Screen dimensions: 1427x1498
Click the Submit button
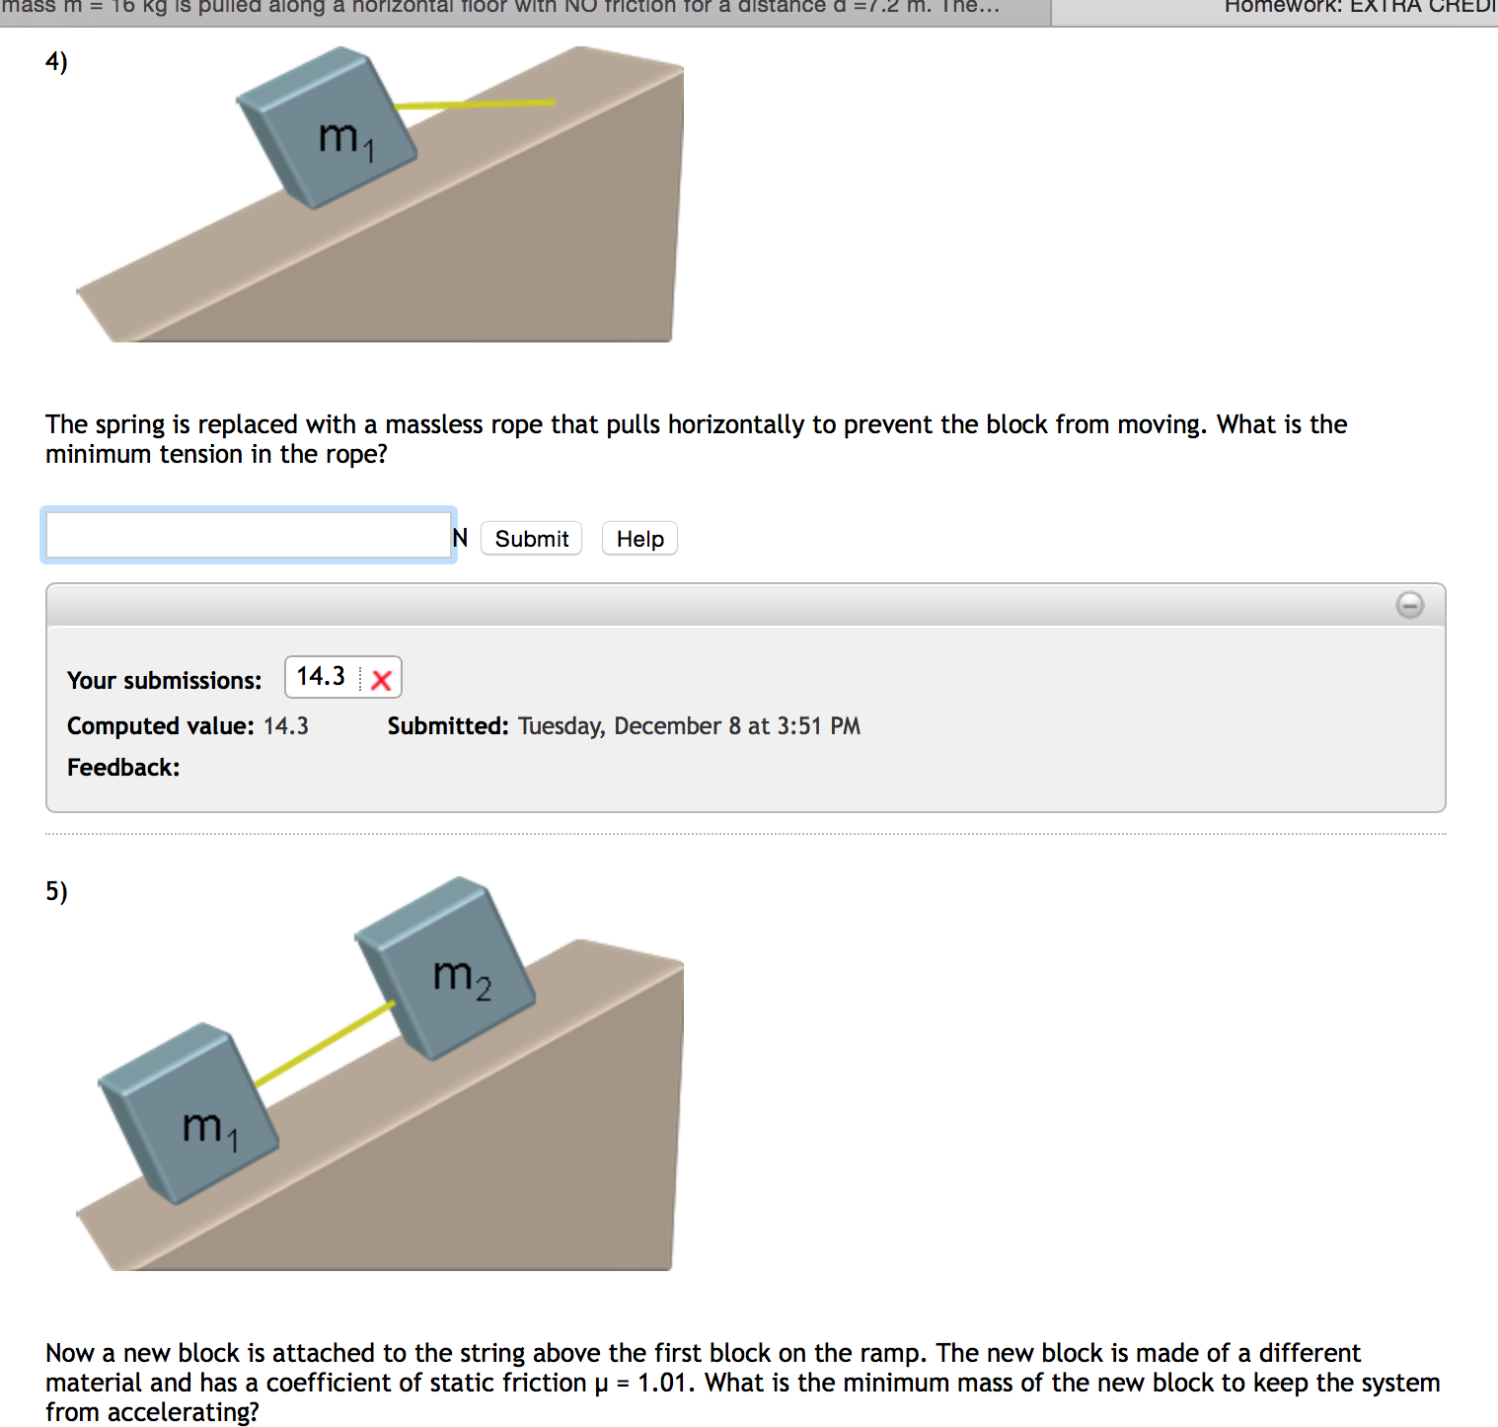pyautogui.click(x=531, y=539)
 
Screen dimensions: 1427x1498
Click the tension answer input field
pyautogui.click(x=248, y=536)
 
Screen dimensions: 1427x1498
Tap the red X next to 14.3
pyautogui.click(x=382, y=679)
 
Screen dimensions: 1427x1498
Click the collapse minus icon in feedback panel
pyautogui.click(x=1409, y=605)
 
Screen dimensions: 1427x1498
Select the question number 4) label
pyautogui.click(x=56, y=61)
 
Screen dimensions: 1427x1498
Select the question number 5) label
pyautogui.click(x=56, y=891)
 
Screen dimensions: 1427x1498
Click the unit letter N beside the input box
pyautogui.click(x=460, y=538)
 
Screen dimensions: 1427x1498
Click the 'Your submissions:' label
pyautogui.click(x=164, y=680)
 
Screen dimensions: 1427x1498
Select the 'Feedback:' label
pyautogui.click(x=123, y=768)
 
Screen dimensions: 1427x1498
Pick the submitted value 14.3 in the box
pyautogui.click(x=321, y=677)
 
